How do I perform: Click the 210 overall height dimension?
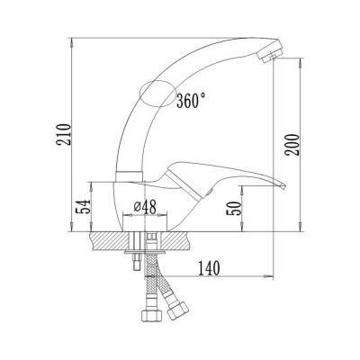click(x=64, y=134)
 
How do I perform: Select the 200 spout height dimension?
click(x=292, y=145)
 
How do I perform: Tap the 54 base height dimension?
click(x=83, y=206)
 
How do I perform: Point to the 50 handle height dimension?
click(x=234, y=208)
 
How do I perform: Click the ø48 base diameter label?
click(x=145, y=207)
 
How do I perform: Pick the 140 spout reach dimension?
click(x=209, y=268)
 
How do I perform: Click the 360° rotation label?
click(x=191, y=101)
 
